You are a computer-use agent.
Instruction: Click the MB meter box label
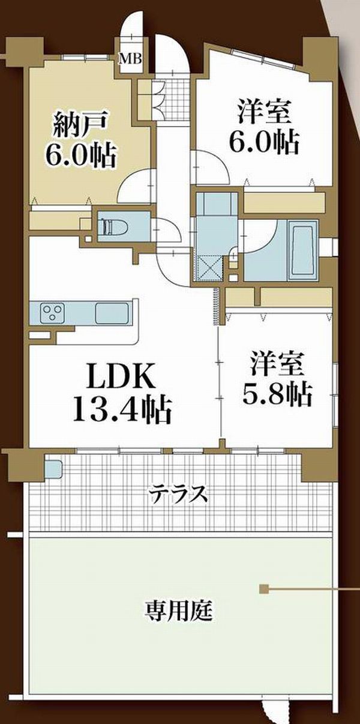pyautogui.click(x=131, y=59)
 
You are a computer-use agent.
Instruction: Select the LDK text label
pyautogui.click(x=120, y=376)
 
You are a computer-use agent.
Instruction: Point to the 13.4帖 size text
pyautogui.click(x=122, y=410)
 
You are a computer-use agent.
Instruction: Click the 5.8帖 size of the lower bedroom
pyautogui.click(x=277, y=394)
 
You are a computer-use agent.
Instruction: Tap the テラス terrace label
pyautogui.click(x=179, y=494)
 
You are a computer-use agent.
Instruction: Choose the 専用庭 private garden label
pyautogui.click(x=178, y=610)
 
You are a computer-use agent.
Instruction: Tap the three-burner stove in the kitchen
pyautogui.click(x=52, y=313)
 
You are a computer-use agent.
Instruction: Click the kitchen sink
pyautogui.click(x=112, y=313)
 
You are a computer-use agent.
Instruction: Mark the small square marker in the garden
pyautogui.click(x=263, y=589)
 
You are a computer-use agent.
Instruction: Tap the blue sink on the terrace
pyautogui.click(x=53, y=469)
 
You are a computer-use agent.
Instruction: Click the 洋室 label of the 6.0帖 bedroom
pyautogui.click(x=264, y=112)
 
